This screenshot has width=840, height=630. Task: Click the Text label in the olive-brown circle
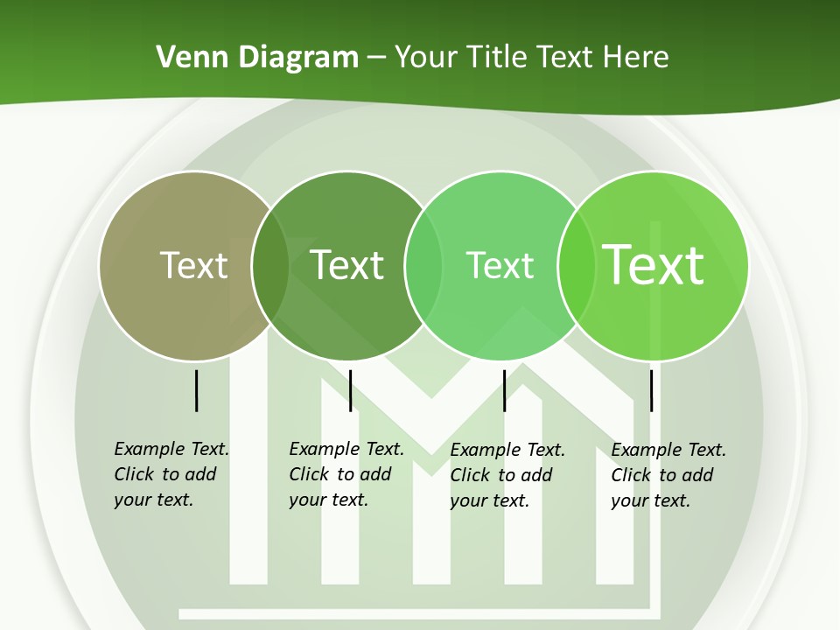(193, 265)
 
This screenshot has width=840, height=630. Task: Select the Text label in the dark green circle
(347, 265)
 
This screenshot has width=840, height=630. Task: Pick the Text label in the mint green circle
(500, 265)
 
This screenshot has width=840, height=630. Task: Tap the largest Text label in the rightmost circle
(654, 265)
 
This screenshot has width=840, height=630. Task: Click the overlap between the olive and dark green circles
(270, 265)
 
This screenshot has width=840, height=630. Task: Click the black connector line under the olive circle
(196, 390)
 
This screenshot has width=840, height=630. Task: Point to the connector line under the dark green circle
(350, 390)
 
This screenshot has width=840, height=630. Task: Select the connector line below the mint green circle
(504, 390)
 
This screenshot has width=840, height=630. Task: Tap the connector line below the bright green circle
(651, 390)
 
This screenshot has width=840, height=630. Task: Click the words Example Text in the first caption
(171, 449)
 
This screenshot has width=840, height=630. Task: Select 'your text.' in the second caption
(328, 500)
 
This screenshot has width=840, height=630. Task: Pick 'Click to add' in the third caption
(501, 475)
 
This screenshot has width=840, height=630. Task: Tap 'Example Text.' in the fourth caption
(668, 450)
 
